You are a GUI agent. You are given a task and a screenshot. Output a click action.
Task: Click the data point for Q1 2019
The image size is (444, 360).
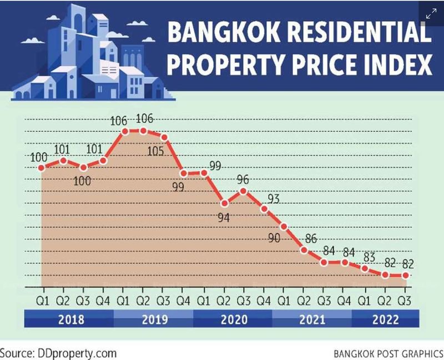pyautogui.click(x=125, y=132)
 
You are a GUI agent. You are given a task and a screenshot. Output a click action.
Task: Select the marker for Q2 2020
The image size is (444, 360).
pyautogui.click(x=224, y=203)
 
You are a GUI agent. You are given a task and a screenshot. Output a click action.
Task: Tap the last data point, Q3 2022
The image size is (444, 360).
pyautogui.click(x=405, y=275)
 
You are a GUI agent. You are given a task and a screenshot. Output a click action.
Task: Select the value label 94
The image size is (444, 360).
pyautogui.click(x=224, y=217)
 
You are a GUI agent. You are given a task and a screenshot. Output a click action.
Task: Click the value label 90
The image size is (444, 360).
pyautogui.click(x=274, y=238)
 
